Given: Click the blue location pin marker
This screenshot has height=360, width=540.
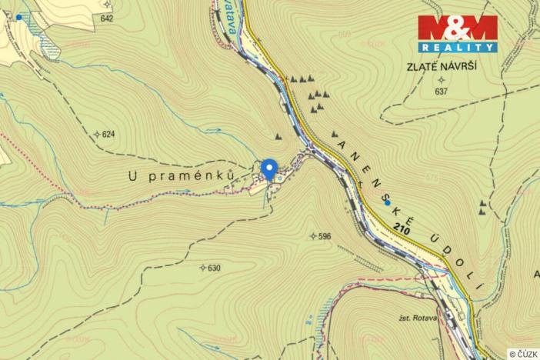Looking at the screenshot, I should click(x=268, y=168).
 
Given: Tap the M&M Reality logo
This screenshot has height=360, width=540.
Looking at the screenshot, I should click(x=458, y=33).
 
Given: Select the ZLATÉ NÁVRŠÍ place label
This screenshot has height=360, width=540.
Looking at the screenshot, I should click(x=442, y=67).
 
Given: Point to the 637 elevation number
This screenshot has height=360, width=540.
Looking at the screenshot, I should click(x=441, y=92).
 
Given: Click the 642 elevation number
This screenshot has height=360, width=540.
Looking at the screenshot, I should click(x=106, y=18).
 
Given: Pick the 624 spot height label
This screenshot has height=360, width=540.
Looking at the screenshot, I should click(x=108, y=135).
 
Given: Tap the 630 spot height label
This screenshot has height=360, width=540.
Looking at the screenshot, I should click(x=214, y=268).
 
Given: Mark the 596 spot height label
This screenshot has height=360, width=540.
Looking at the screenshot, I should click(x=324, y=236).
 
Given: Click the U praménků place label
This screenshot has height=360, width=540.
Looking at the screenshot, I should click(x=181, y=176).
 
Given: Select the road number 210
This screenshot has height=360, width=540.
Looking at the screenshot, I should click(x=399, y=228).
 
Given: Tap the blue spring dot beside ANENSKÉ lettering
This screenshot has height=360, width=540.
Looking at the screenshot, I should click(x=387, y=202).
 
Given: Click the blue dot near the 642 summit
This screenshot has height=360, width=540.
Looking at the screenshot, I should click(x=19, y=16).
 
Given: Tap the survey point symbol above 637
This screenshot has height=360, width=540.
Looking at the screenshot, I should click(x=441, y=79).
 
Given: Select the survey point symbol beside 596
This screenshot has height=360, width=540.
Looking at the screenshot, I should click(x=312, y=235).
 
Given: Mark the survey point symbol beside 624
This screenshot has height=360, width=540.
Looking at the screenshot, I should click(x=97, y=135).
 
